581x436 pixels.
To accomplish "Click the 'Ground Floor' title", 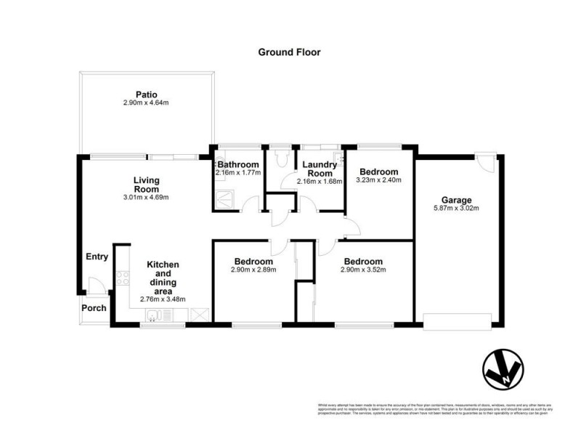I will click(x=290, y=52).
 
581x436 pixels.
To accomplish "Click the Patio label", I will click(x=146, y=94).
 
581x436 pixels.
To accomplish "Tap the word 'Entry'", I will click(x=97, y=257).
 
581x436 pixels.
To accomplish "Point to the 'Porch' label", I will click(x=94, y=307).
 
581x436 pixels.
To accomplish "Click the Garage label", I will click(x=458, y=200).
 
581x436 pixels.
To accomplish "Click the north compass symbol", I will click(x=502, y=370).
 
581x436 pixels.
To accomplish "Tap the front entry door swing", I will click(x=93, y=285).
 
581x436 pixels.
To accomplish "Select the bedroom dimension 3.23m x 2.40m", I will click(x=379, y=180).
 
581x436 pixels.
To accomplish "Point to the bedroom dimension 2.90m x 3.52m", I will click(x=363, y=270).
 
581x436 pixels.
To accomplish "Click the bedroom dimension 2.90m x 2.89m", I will click(x=253, y=270).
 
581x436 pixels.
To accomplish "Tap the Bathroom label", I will click(x=237, y=165).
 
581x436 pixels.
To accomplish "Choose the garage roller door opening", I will click(x=457, y=319).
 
